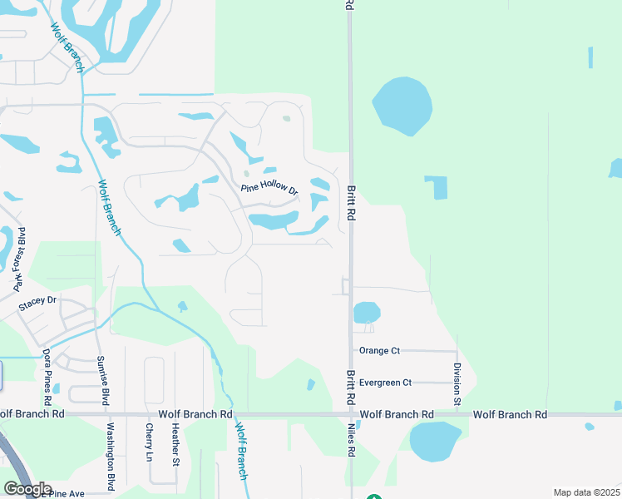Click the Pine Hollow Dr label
(269, 188)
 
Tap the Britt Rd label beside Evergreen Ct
(351, 383)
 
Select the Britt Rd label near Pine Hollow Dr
(351, 203)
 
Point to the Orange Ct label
(379, 351)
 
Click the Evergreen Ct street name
(385, 383)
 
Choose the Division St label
(457, 385)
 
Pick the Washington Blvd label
(110, 457)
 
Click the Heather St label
(175, 444)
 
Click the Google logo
(27, 488)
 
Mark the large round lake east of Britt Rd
(402, 106)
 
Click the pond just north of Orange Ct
(367, 313)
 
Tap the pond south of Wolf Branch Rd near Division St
(435, 441)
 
